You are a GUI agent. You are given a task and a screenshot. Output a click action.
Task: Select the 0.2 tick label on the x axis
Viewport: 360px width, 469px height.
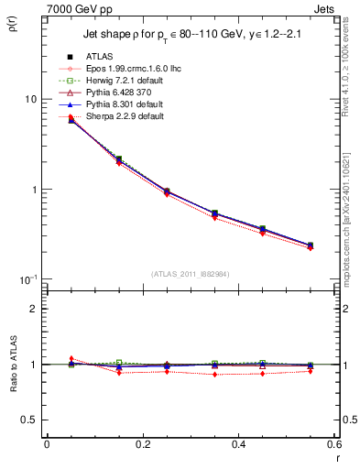coord(142,444)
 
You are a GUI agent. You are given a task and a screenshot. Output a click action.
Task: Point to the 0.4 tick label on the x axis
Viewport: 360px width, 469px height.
coord(238,444)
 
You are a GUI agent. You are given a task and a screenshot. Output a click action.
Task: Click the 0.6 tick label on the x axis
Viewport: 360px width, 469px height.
coord(333,444)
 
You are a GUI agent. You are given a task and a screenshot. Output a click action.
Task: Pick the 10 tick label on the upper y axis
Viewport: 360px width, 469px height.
coord(29,99)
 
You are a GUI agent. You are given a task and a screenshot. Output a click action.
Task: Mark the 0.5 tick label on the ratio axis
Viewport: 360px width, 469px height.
coord(28,420)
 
